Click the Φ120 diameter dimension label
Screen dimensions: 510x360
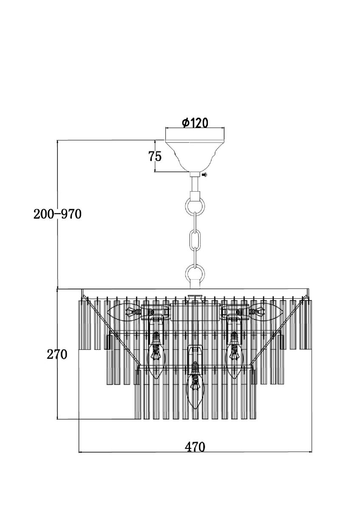pyautogui.click(x=195, y=123)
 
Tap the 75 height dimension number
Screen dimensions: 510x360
pyautogui.click(x=155, y=156)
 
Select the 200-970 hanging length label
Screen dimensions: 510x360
pyautogui.click(x=57, y=214)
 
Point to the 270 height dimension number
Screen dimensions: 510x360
pyautogui.click(x=57, y=354)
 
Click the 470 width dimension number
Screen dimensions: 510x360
pyautogui.click(x=195, y=447)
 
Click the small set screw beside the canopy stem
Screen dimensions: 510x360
pyautogui.click(x=205, y=175)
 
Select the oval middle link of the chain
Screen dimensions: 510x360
pyautogui.click(x=195, y=240)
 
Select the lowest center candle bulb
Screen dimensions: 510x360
pyautogui.click(x=195, y=387)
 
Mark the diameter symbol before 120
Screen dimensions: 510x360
pyautogui.click(x=186, y=123)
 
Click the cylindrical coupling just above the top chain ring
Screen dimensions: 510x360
pyautogui.click(x=195, y=196)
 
